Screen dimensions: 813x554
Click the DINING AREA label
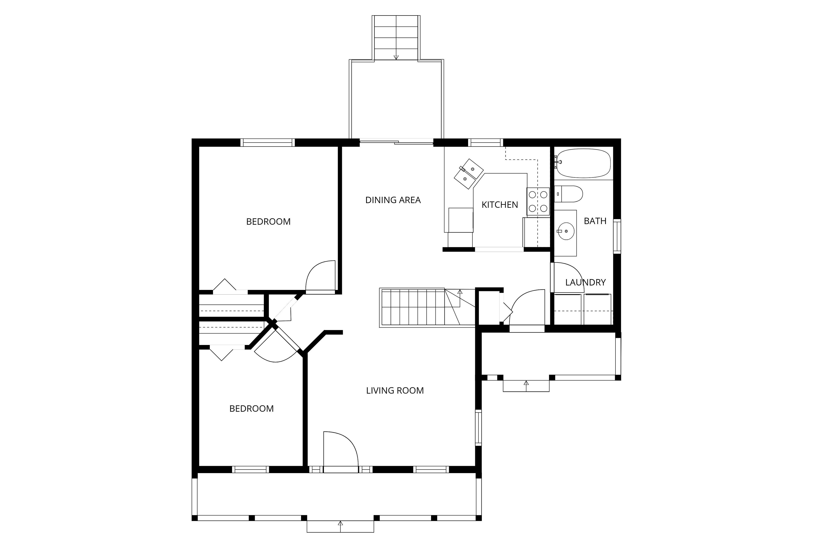click(x=393, y=200)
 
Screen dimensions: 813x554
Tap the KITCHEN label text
click(x=500, y=205)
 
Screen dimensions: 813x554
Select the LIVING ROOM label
click(x=395, y=391)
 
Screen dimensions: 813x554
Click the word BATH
click(x=595, y=221)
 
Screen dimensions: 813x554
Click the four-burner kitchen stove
click(x=538, y=202)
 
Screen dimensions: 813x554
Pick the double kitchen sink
click(x=469, y=174)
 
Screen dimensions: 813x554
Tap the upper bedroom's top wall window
click(x=268, y=143)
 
